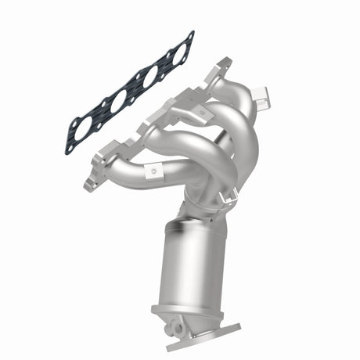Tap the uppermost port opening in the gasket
click(178, 55)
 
